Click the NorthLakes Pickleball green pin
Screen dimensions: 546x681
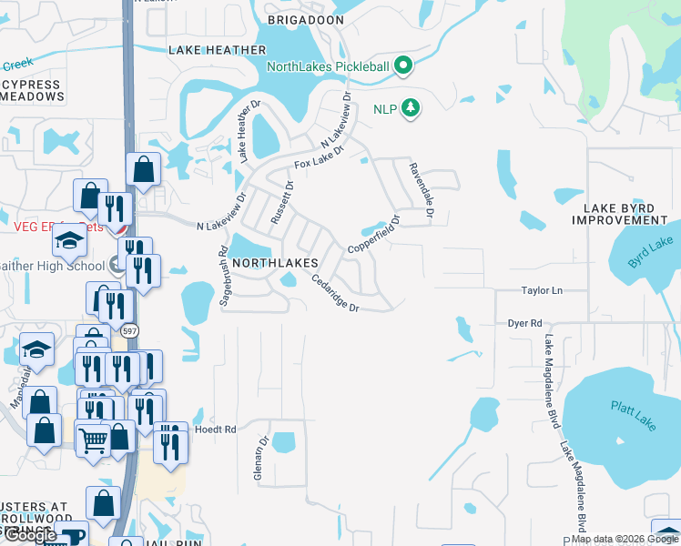coord(405,66)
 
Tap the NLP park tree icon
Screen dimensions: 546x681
coord(412,108)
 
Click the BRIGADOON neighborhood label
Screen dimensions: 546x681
coord(306,19)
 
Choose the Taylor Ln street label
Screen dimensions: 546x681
coord(542,290)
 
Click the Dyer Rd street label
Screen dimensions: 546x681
coord(524,323)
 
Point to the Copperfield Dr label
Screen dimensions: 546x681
coord(374,235)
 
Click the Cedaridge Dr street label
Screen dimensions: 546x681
coord(333,294)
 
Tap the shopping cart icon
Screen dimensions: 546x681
coord(94,440)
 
